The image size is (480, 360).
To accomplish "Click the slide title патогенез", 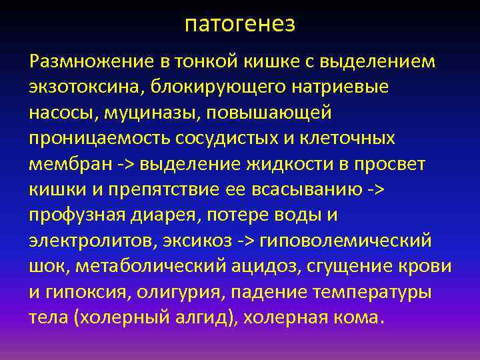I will pos(240,24).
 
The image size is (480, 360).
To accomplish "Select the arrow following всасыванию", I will pos(376,189).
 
